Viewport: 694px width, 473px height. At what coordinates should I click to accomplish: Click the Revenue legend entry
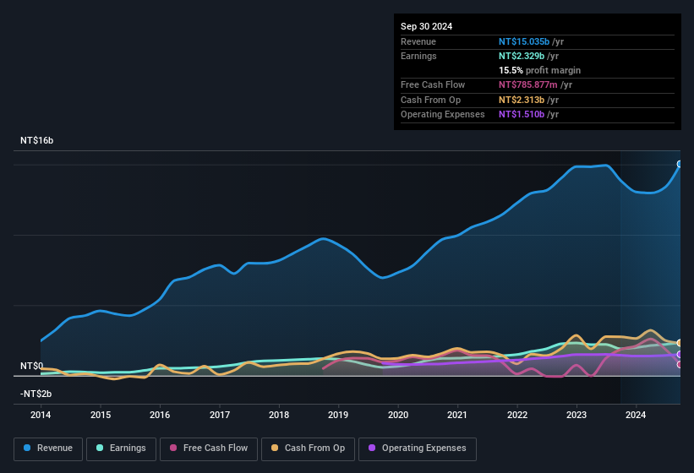(x=48, y=449)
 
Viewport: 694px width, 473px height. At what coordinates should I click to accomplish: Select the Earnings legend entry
(x=121, y=449)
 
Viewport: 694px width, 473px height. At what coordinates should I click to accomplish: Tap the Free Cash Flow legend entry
(x=208, y=449)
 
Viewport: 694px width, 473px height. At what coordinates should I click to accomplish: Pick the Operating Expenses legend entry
(x=418, y=449)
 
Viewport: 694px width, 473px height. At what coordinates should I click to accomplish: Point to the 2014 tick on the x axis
(x=41, y=415)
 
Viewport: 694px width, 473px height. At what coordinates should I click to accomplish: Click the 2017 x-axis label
(x=220, y=415)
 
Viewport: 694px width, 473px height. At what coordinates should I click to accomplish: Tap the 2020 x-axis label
(x=398, y=415)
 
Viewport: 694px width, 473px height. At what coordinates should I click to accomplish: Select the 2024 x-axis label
(x=636, y=415)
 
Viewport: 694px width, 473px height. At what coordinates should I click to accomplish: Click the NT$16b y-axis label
(x=37, y=140)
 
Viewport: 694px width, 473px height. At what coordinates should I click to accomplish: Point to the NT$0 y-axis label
(x=31, y=366)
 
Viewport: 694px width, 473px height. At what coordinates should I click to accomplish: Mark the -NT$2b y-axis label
(x=36, y=394)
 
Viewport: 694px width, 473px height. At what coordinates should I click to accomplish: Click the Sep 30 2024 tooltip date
(x=426, y=26)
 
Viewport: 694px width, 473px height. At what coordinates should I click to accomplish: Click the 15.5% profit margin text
(x=539, y=70)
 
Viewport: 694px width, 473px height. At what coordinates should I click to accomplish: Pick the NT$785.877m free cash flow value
(x=535, y=84)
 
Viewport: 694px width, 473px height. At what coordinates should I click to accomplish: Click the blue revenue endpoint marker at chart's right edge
(x=680, y=164)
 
